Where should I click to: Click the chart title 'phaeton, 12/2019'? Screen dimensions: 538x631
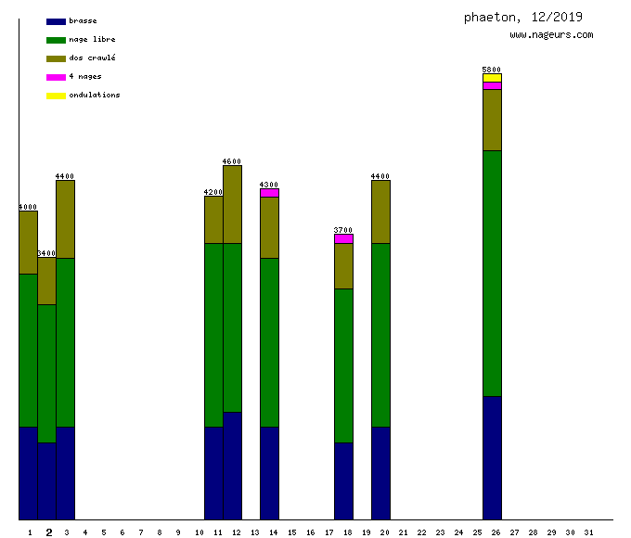[522, 18]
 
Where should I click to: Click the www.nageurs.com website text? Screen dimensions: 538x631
[551, 35]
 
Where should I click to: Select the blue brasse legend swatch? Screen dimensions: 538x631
[56, 21]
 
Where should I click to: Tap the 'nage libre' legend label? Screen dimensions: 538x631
[92, 40]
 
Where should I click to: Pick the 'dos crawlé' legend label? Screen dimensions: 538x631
[92, 58]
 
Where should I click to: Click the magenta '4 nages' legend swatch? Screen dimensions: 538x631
[56, 77]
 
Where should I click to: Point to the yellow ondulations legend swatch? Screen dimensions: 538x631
[56, 96]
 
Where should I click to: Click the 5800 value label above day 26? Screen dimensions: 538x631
[492, 70]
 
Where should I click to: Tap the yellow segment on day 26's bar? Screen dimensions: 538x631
[492, 78]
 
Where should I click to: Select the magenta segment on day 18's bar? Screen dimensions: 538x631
[343, 238]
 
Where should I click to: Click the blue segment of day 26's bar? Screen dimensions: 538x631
[492, 457]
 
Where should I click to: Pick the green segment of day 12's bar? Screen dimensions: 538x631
[232, 327]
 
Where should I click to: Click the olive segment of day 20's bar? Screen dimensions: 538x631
[380, 211]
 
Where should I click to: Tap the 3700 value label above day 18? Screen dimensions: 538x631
[343, 230]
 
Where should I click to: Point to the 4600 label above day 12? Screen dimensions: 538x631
[232, 161]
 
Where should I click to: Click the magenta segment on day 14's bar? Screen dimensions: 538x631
[269, 193]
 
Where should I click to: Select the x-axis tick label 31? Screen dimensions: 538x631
[588, 532]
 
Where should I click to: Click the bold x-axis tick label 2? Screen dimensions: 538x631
[48, 532]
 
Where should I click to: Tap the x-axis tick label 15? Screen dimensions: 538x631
[291, 532]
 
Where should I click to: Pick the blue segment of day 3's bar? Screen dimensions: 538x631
[65, 473]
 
